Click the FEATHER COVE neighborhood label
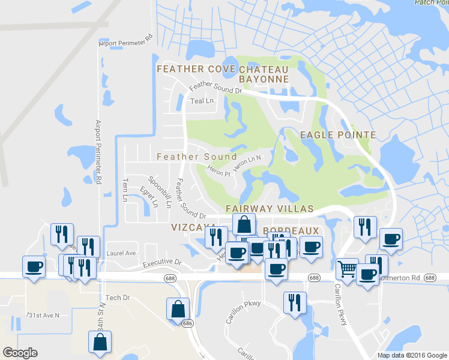196,70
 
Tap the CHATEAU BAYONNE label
264,74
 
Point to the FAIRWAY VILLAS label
270,208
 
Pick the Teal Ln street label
202,101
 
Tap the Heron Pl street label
219,170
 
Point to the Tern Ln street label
125,190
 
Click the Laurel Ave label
122,253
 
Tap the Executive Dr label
162,263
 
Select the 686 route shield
188,323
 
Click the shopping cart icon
346,269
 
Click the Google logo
20,353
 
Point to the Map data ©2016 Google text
412,355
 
